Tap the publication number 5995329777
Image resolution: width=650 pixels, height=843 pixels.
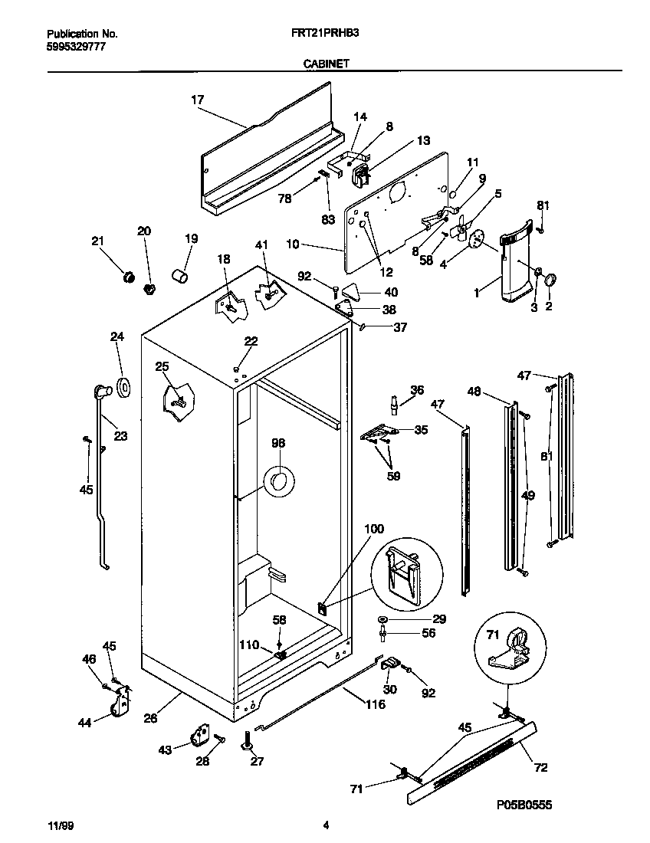[76, 47]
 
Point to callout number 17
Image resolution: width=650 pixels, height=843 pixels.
[197, 99]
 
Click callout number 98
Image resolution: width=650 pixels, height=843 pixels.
[277, 443]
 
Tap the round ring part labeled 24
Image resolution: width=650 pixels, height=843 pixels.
[123, 389]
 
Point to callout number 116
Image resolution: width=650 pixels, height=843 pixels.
[375, 704]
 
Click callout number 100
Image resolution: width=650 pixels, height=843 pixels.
[373, 529]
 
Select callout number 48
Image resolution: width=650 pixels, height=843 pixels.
[474, 391]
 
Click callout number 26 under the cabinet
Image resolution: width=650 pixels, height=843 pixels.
[150, 718]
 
